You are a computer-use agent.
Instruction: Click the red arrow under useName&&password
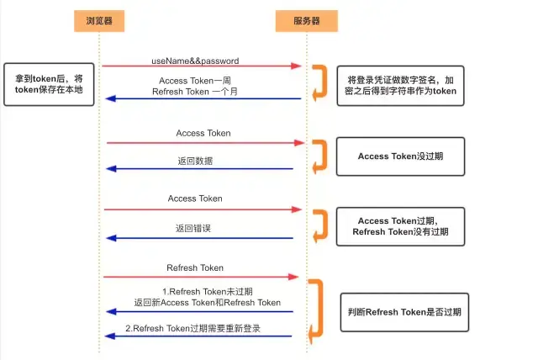pyautogui.click(x=202, y=66)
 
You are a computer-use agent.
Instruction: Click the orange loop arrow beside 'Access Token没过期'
pyautogui.click(x=320, y=156)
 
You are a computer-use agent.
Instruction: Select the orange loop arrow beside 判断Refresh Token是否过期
pyautogui.click(x=316, y=310)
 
